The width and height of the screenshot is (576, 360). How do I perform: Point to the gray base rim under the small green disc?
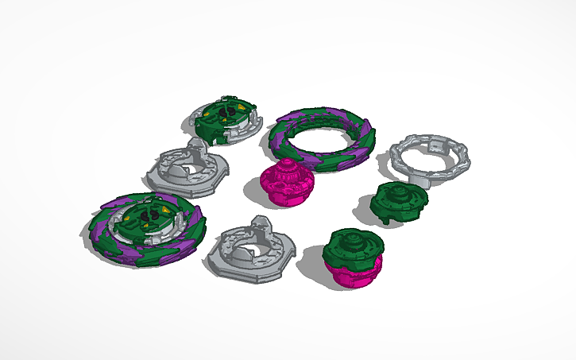click(x=199, y=126)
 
